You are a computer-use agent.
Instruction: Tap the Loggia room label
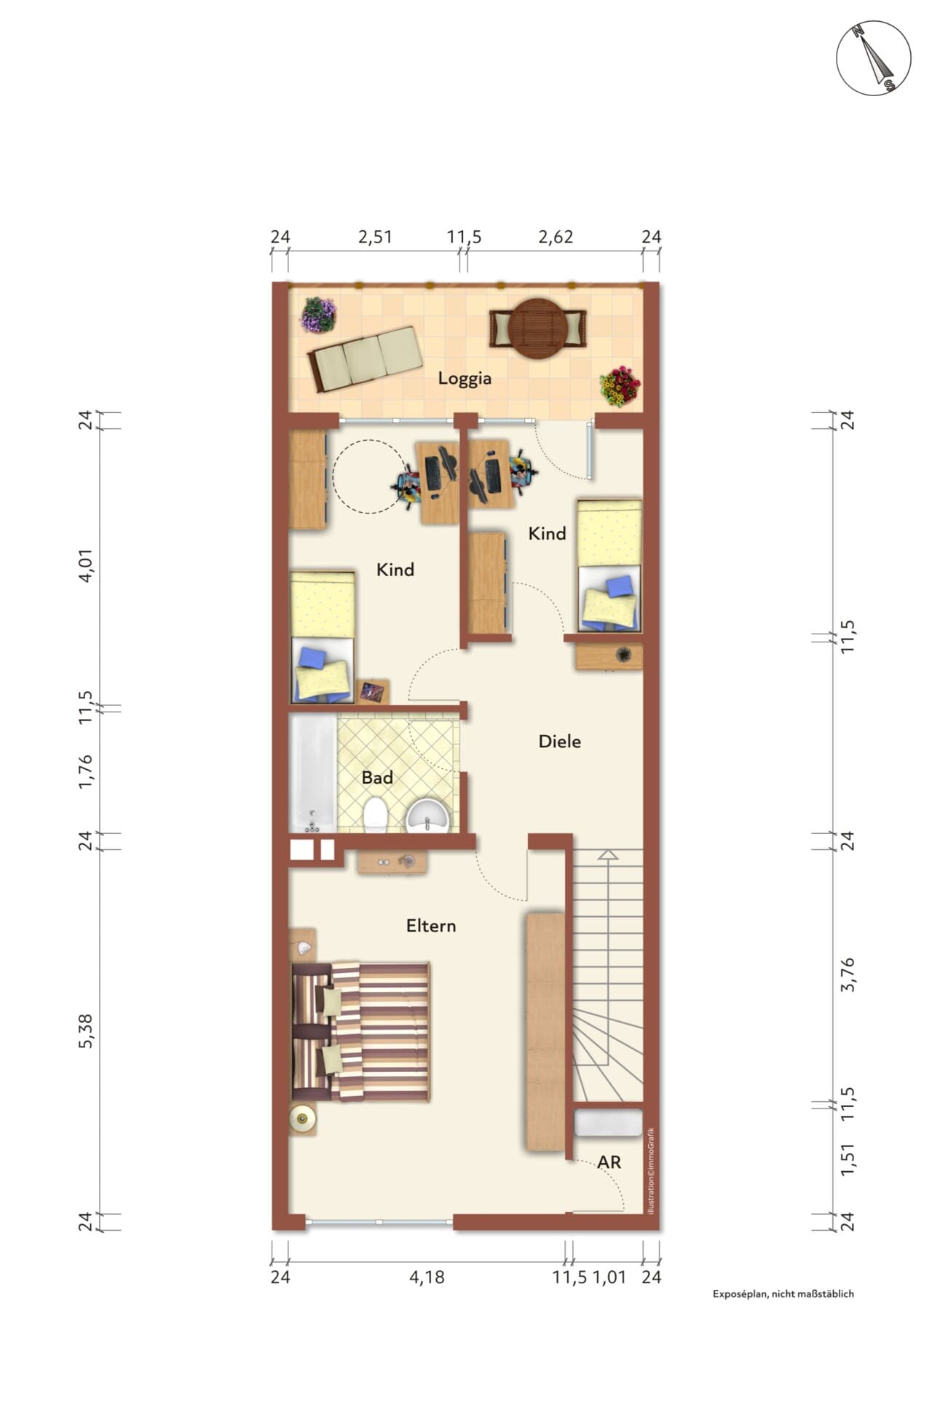465,379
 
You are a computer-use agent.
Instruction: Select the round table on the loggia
538,328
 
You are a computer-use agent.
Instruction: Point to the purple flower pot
319,315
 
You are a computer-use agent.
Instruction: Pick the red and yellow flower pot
620,385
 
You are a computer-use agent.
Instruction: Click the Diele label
559,741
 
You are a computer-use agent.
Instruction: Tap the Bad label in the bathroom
377,778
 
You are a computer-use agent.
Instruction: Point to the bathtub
313,773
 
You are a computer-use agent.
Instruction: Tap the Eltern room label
431,926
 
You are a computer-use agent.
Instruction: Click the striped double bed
360,1031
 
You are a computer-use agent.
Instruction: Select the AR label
609,1162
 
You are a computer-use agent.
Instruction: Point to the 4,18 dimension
427,1277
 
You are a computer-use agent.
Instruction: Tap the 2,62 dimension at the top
556,237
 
